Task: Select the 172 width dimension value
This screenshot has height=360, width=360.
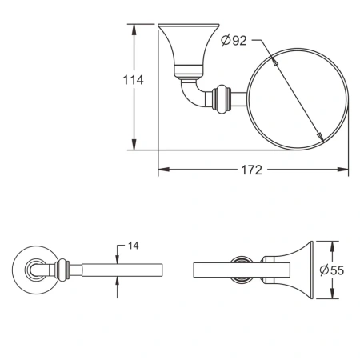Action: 253,170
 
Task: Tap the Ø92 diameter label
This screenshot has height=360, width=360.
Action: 234,41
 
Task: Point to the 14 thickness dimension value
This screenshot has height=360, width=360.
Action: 133,246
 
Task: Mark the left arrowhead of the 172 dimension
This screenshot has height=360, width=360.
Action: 162,170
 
